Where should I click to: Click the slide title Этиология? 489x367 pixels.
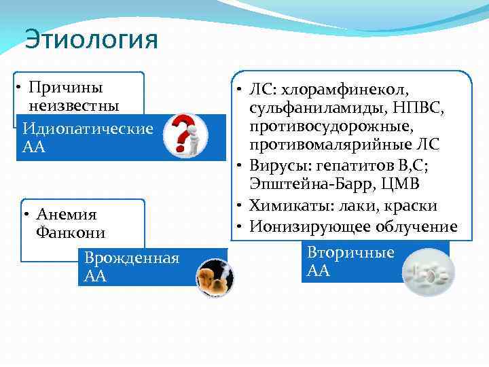coord(91,40)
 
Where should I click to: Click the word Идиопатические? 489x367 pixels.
coord(87,128)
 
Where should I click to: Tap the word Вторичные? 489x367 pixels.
coord(350,253)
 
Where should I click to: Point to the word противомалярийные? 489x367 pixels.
coord(329,145)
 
